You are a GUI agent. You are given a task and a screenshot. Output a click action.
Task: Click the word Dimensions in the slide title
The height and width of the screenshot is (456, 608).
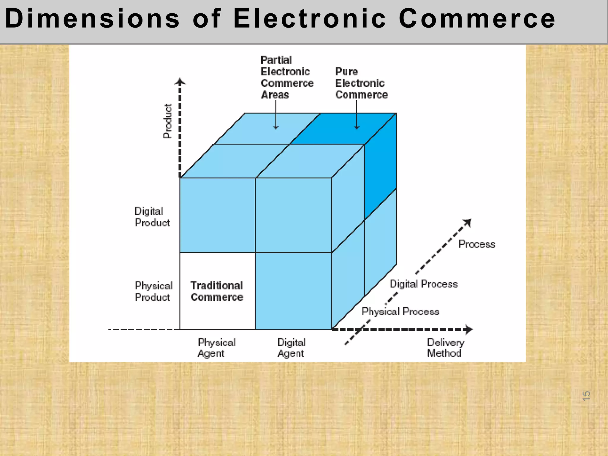92,18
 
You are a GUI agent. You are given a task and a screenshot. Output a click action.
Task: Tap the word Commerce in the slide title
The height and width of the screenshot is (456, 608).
476,18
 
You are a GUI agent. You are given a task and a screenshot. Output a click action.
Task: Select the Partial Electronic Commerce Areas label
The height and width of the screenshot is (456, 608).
286,77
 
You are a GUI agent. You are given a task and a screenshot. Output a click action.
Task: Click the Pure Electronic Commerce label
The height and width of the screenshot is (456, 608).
361,83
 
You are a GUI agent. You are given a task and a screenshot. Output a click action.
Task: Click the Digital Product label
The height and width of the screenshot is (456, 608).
152,217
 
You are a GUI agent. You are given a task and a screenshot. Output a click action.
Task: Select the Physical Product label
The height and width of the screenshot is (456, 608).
153,291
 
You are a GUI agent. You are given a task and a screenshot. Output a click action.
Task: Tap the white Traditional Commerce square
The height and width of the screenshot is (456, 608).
217,291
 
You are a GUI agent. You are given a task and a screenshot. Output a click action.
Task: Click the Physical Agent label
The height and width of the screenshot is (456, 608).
216,348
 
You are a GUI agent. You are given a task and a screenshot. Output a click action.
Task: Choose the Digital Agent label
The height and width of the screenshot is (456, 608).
291,348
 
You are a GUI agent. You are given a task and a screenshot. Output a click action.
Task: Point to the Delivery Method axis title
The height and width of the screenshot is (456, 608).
445,348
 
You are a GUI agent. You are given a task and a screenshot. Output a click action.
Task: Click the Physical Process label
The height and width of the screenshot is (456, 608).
400,311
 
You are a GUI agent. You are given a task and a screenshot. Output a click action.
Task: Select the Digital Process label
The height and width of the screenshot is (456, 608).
423,284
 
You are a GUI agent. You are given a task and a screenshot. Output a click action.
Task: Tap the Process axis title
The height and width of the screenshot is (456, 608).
476,244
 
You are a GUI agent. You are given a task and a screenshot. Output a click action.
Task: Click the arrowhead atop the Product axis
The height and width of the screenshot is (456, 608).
180,81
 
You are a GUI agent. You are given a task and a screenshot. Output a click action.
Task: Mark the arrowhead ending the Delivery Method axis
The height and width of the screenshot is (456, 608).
469,329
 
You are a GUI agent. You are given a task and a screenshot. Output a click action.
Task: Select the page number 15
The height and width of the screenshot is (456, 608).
586,396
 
